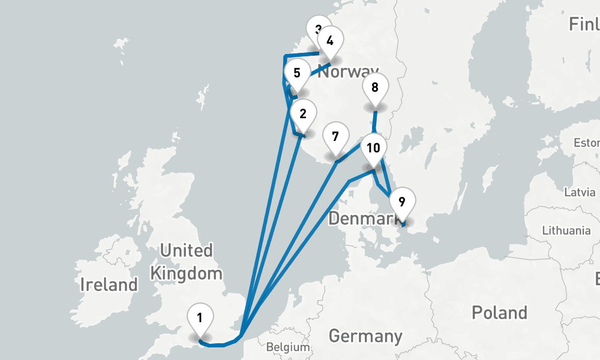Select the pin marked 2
pos(302,114)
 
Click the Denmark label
pos(360,219)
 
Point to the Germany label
pos(365,335)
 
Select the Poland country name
pos(499,313)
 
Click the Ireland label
pos(109,284)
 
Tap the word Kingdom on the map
pos(186,274)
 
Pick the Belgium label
pos(288,347)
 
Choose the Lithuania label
pos(566,230)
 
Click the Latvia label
pos(580,192)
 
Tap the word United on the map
pos(186,250)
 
